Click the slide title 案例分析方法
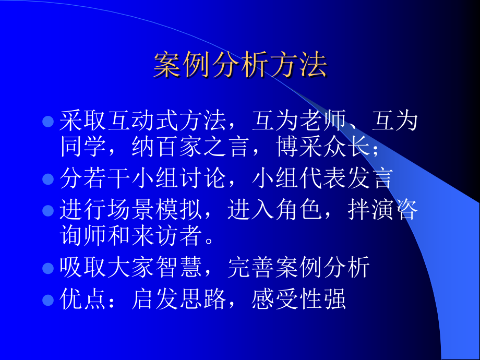click(240, 65)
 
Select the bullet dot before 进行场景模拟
click(48, 211)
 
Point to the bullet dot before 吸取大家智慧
click(48, 269)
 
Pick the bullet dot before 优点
click(48, 301)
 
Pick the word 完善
click(251, 268)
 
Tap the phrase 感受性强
click(299, 300)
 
